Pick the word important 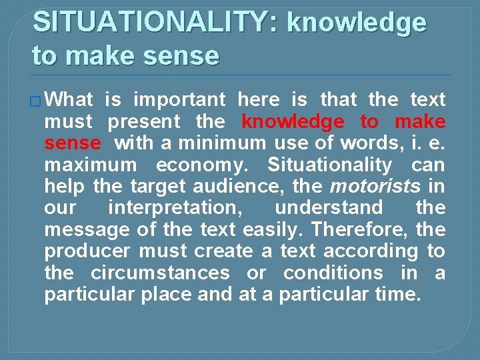point(179,100)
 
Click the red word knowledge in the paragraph point(293,121)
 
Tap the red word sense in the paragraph point(73,143)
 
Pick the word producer point(87,251)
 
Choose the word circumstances point(160,273)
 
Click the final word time point(399,294)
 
